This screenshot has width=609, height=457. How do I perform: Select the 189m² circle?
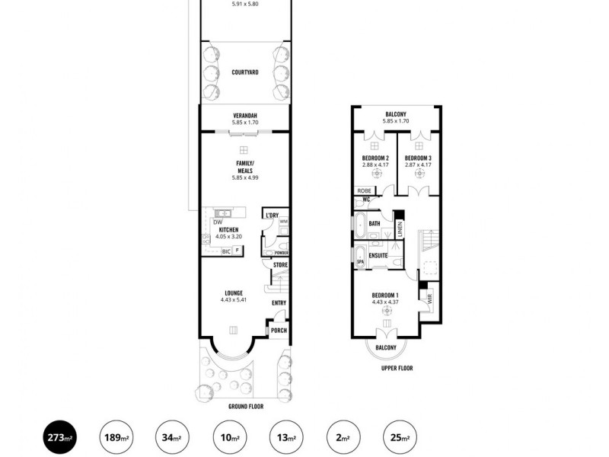(x=114, y=438)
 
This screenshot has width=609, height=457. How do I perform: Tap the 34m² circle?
(x=171, y=438)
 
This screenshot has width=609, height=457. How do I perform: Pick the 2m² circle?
(x=343, y=438)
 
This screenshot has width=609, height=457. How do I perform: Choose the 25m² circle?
(x=400, y=438)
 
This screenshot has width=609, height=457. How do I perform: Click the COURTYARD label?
(x=244, y=72)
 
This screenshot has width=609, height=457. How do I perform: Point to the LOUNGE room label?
(x=234, y=292)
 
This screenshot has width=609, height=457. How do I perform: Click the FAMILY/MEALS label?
(x=244, y=167)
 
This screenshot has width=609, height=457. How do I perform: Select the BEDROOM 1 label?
(x=385, y=295)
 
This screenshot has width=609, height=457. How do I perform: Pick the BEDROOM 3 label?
(x=418, y=158)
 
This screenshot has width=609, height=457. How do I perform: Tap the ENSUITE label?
(x=379, y=256)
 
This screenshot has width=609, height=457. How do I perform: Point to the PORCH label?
(x=279, y=330)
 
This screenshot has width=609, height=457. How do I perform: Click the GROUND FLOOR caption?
(x=244, y=407)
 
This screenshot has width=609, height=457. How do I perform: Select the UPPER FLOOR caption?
(x=397, y=368)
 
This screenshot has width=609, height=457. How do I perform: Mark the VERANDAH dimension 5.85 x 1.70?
(x=245, y=122)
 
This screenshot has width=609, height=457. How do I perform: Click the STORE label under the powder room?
(x=280, y=265)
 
